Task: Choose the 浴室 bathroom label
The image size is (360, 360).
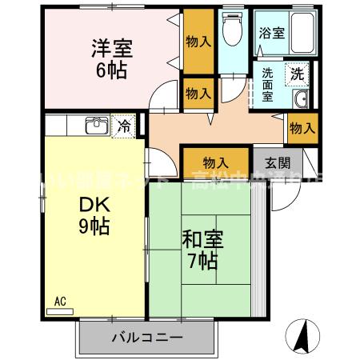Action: [x=271, y=33]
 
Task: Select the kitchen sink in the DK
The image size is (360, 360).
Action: [x=97, y=126]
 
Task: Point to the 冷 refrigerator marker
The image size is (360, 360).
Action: [x=124, y=126]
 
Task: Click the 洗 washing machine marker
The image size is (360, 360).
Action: [x=297, y=72]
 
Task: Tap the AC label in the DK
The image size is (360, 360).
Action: [x=59, y=301]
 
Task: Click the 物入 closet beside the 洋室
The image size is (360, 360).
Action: [x=198, y=42]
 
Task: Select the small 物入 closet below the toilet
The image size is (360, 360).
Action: [x=198, y=94]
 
